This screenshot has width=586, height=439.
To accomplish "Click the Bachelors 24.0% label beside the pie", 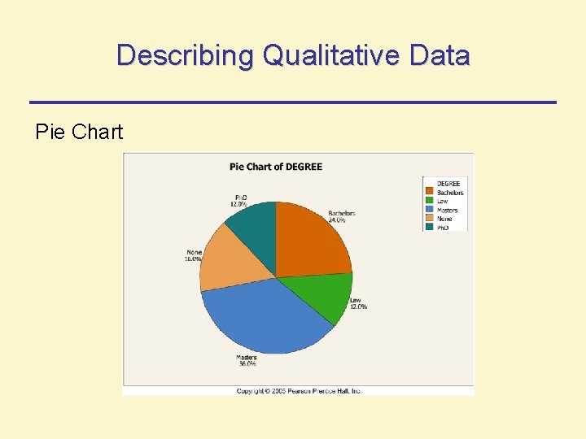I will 342,217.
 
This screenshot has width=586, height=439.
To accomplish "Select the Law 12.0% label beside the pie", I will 358,303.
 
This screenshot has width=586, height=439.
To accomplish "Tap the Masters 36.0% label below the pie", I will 247,360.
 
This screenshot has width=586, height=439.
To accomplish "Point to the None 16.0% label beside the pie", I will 194,255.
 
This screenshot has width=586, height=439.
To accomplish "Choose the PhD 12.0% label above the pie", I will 238,201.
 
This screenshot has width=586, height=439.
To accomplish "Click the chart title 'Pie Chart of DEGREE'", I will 276,167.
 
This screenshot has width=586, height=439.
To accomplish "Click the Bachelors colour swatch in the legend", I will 430,193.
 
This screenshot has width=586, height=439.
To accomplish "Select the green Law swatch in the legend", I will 430,201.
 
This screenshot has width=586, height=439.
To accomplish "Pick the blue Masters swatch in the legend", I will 430,210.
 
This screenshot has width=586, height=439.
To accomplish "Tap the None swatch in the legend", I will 430,219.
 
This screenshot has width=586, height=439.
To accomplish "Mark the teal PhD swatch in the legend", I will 430,227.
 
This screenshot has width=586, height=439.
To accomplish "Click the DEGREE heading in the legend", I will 448,184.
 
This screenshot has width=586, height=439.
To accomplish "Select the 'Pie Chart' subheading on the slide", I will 79,132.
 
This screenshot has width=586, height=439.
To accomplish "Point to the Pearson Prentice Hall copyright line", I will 300,391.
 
